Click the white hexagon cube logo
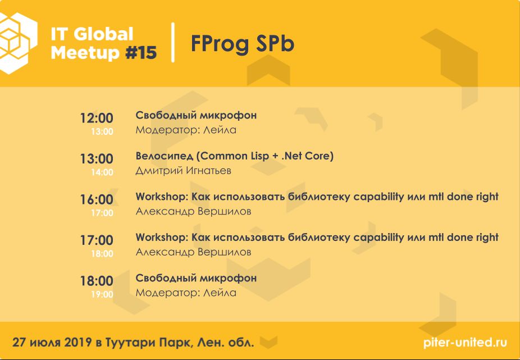(x=17, y=43)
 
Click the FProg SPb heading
(x=243, y=44)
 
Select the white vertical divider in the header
(x=172, y=42)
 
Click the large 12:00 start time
(x=97, y=118)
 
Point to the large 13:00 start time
(x=97, y=158)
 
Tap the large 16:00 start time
(x=97, y=199)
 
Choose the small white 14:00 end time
(x=102, y=172)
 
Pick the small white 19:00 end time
(x=102, y=294)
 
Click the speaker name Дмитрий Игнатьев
(x=184, y=171)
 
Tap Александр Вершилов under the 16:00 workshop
(x=193, y=211)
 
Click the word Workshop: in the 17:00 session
(x=162, y=238)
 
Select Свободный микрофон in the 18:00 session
(x=196, y=278)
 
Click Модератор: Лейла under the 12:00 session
(x=186, y=130)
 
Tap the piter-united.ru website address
(x=465, y=342)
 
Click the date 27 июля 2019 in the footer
(x=52, y=342)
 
